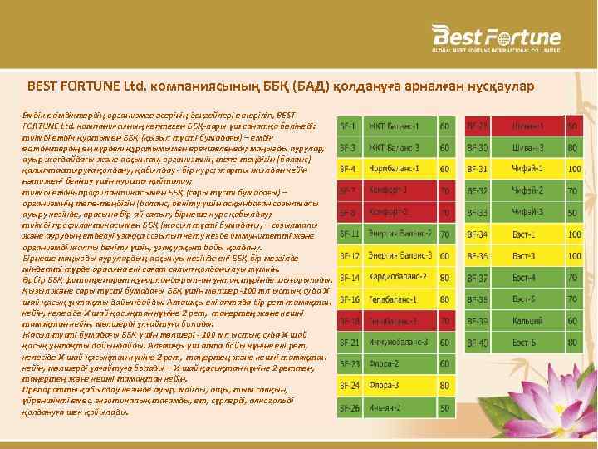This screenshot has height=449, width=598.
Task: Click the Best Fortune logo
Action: [x=495, y=39]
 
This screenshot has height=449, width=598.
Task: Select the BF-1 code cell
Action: [x=350, y=126]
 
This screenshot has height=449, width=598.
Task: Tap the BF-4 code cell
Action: [x=350, y=169]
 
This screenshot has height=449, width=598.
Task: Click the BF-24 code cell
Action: [x=350, y=385]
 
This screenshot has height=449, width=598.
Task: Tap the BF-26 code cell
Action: [x=350, y=407]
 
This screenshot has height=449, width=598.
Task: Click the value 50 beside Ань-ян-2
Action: [x=446, y=407]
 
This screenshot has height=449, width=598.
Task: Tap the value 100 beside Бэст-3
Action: [x=572, y=255]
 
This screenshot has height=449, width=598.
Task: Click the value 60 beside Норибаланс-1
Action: [x=446, y=169]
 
